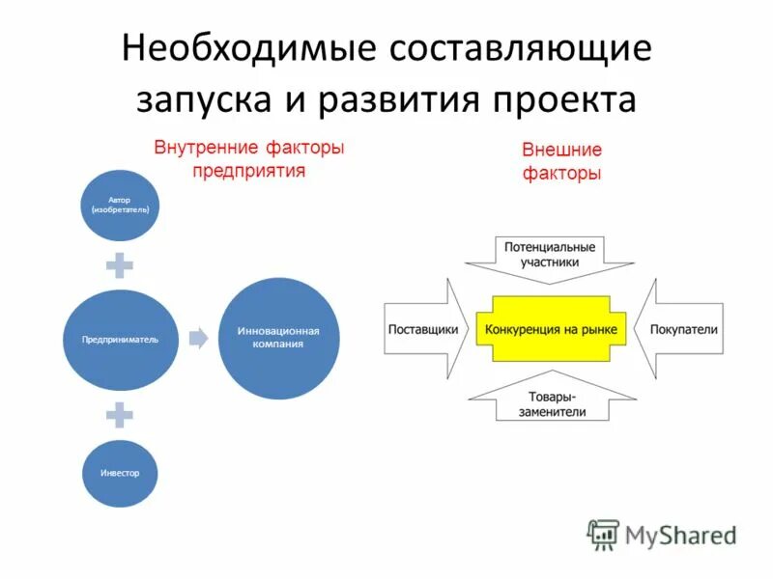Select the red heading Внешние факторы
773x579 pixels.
click(561, 162)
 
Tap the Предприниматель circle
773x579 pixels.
click(121, 339)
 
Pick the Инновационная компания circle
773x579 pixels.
click(278, 338)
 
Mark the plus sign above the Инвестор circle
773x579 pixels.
click(120, 414)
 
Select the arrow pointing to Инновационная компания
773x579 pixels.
click(198, 338)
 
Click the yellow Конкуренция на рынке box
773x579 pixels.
click(551, 329)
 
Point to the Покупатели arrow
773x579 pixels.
click(682, 329)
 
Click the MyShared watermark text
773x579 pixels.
click(680, 534)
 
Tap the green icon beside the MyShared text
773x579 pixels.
click(603, 535)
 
